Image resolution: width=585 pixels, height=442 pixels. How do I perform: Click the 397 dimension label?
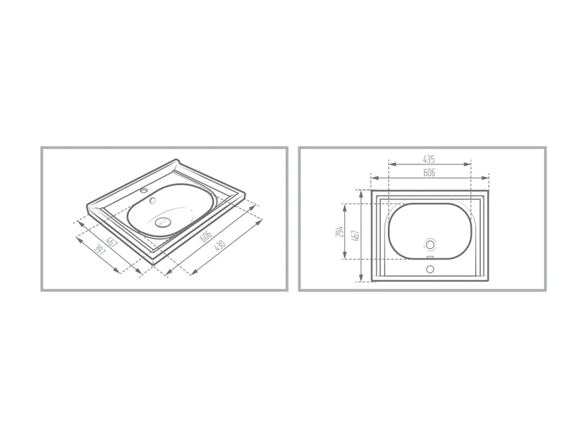point(100,250)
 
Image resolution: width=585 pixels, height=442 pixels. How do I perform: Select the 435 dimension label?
point(429,159)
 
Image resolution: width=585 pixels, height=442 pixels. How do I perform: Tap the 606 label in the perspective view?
point(206,236)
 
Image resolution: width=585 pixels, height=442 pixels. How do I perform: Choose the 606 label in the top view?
point(429,173)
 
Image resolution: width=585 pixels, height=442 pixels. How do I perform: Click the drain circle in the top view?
point(430,245)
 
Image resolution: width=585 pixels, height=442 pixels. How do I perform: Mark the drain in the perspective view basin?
point(163,222)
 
